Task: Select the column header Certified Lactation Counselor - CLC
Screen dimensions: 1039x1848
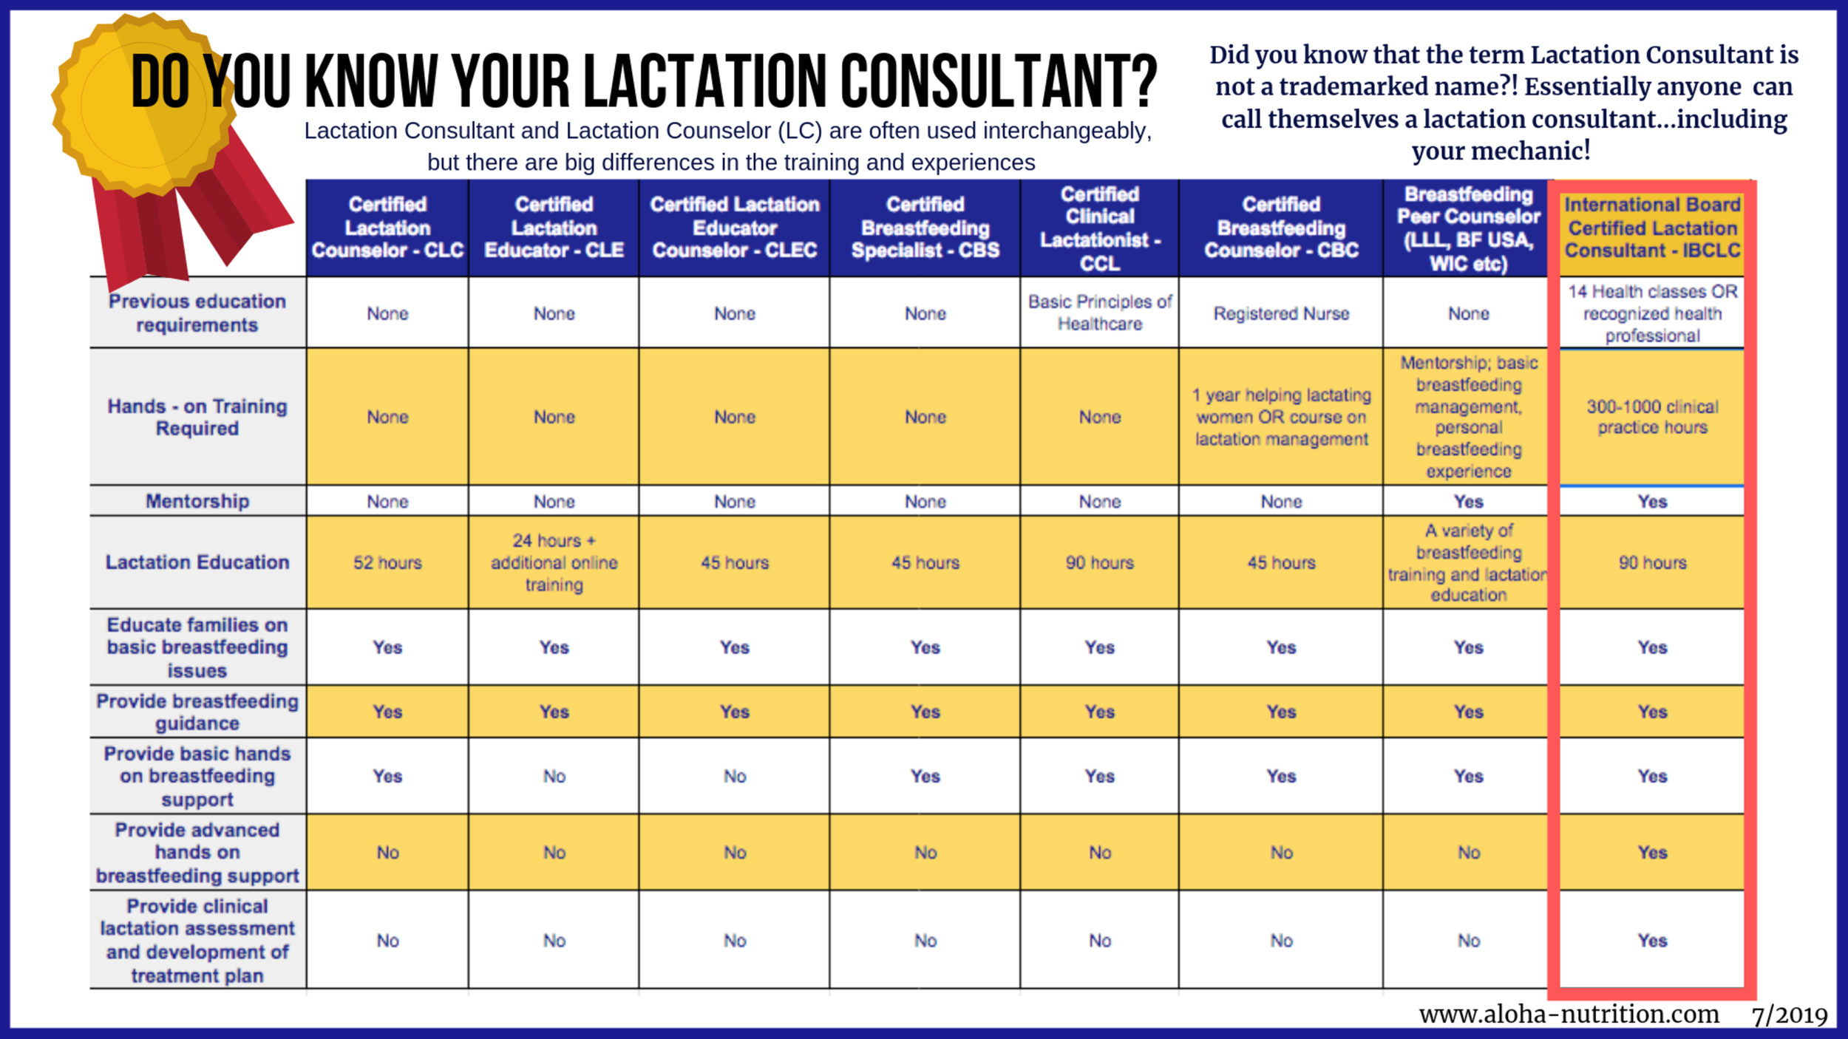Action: coord(387,228)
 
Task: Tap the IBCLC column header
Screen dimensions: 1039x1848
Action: coord(1652,228)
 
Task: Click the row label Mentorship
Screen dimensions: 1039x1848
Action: coord(197,501)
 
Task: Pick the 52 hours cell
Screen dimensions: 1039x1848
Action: coord(387,562)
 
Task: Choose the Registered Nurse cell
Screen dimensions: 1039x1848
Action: coord(1281,313)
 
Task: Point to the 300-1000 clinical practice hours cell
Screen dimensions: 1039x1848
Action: coord(1652,417)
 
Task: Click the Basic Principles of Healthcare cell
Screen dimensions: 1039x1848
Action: coord(1099,313)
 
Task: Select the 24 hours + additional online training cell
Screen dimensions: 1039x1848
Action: coord(554,562)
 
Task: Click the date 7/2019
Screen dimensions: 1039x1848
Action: coord(1789,1015)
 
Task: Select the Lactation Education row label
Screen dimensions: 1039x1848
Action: coord(197,562)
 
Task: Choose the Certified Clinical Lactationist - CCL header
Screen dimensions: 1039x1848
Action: coord(1099,228)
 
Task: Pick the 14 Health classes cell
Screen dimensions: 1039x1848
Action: coord(1652,313)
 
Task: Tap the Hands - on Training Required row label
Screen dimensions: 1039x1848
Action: coord(197,417)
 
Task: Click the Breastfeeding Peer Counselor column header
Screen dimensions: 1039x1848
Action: coord(1468,228)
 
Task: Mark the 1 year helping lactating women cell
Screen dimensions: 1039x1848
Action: coord(1281,417)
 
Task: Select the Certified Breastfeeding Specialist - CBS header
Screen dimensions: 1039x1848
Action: coord(925,228)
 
